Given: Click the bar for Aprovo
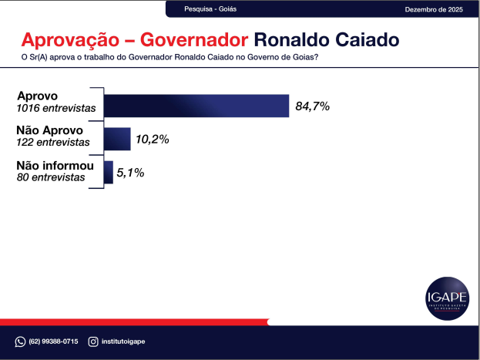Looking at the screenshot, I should (196, 106).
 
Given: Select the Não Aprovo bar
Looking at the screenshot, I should (117, 139).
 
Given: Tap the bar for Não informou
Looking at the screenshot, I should (109, 173).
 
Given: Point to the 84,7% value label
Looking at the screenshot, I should (312, 106).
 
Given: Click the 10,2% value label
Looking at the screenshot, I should (152, 140).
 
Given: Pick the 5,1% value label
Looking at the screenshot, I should (130, 173).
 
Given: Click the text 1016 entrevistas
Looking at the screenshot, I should (56, 109).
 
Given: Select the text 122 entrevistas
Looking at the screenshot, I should (52, 143).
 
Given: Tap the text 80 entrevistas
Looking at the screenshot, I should (51, 177).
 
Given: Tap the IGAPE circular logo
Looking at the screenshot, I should (447, 296).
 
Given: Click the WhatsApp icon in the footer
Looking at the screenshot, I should (20, 341).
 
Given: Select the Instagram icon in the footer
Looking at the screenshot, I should (92, 341).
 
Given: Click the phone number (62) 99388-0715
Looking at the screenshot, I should (53, 341).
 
